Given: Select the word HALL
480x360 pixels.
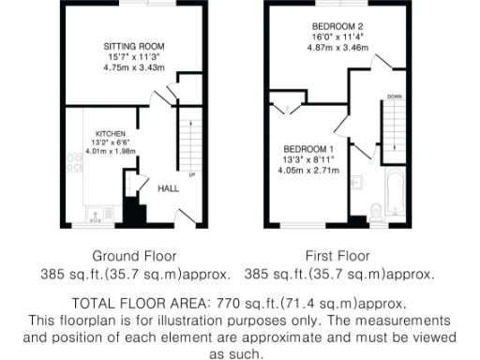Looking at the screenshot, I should tap(168, 188).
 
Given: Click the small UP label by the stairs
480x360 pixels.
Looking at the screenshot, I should tap(192, 174).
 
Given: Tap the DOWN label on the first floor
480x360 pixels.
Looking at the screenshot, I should tap(395, 96).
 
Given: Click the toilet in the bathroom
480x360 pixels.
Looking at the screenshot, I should tap(375, 212).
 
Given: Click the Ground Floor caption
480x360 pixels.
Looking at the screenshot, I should tap(134, 255).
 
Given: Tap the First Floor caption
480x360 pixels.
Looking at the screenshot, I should tap(337, 255).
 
